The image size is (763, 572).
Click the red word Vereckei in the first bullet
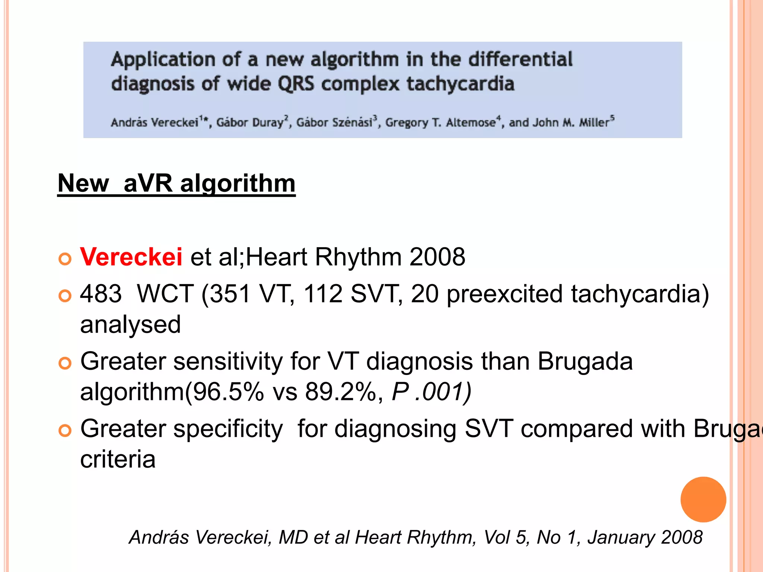pyautogui.click(x=131, y=257)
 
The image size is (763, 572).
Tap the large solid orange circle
pyautogui.click(x=703, y=499)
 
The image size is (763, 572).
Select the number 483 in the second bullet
pyautogui.click(x=101, y=294)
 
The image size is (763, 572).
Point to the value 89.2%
pyautogui.click(x=340, y=392)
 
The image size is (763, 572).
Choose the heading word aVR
pyautogui.click(x=148, y=183)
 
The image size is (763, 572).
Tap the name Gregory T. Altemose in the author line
pyautogui.click(x=440, y=122)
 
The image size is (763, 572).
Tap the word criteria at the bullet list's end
pyautogui.click(x=118, y=459)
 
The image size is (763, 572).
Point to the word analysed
pyautogui.click(x=130, y=325)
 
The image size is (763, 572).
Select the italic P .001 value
pyautogui.click(x=431, y=392)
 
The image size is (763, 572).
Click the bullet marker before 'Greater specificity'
pyautogui.click(x=65, y=430)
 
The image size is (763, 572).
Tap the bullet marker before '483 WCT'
pyautogui.click(x=65, y=296)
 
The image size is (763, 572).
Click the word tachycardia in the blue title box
pyautogui.click(x=460, y=84)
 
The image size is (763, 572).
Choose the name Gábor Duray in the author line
pyautogui.click(x=250, y=122)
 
